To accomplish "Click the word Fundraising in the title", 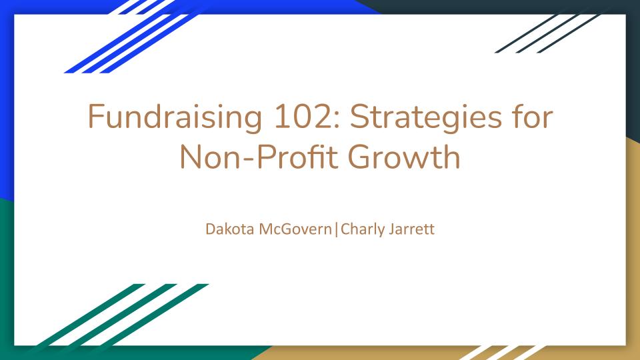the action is [x=175, y=118].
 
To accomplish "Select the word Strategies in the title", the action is [x=426, y=118].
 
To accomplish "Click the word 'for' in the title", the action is [x=533, y=116].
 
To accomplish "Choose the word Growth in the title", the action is [x=404, y=157].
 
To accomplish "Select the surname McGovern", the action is [x=295, y=229].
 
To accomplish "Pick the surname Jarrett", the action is [x=411, y=229].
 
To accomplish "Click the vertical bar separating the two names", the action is [x=336, y=230].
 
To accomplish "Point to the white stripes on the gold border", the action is [x=503, y=353].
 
